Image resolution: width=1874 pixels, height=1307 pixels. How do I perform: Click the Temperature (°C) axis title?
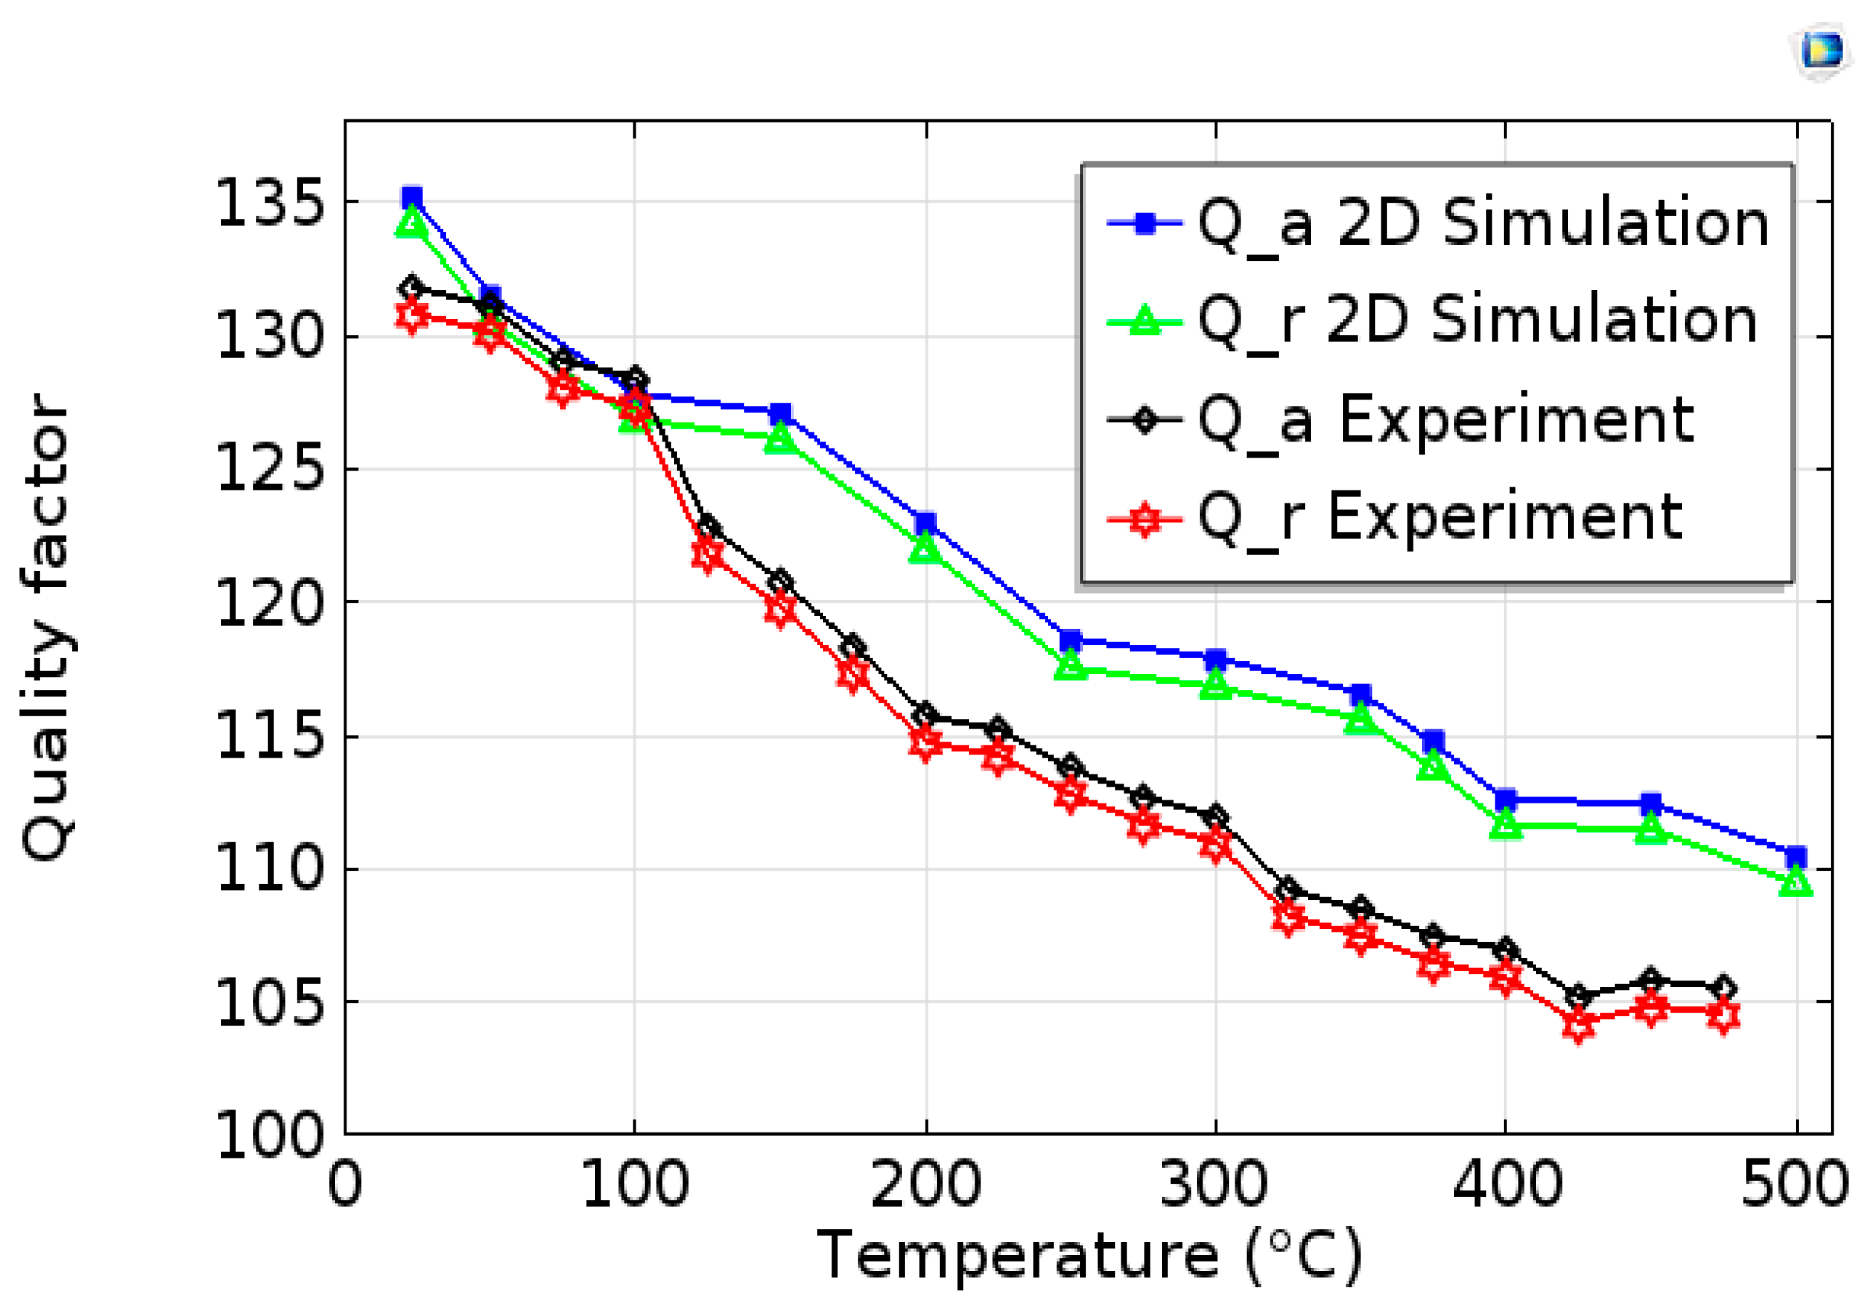[x=1091, y=1256]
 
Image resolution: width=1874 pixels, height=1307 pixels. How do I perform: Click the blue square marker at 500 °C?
[x=1796, y=857]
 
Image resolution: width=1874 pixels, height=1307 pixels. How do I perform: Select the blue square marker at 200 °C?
[x=925, y=523]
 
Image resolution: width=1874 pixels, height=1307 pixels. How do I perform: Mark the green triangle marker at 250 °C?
[x=1070, y=667]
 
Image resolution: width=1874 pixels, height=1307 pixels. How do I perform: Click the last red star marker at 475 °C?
[x=1723, y=1016]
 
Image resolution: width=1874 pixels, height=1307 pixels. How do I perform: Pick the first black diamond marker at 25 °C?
[x=412, y=288]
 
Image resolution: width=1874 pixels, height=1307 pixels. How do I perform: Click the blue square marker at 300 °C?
[x=1215, y=659]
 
